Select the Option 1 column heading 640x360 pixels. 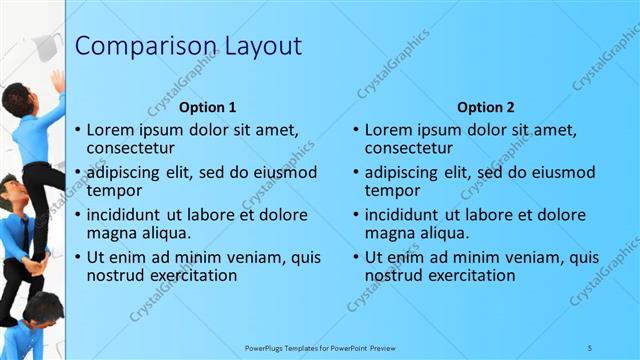pos(208,107)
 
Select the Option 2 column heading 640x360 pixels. pos(486,107)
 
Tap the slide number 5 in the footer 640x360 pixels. pos(590,347)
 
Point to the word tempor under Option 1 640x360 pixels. pos(114,191)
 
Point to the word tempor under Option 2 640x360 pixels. pos(392,191)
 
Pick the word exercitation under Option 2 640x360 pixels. pos(470,275)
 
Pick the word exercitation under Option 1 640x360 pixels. pos(192,275)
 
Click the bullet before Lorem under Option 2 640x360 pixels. pos(356,130)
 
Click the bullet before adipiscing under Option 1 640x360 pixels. pos(78,172)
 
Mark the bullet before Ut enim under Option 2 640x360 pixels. pos(356,257)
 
